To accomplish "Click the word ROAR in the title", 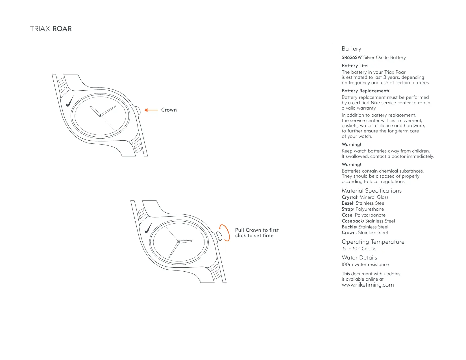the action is [x=62, y=29].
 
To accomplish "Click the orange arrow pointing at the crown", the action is [x=151, y=110].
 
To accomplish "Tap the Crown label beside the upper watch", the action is [x=169, y=110].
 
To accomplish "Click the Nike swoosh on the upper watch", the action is [x=69, y=101].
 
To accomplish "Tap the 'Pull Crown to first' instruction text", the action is [x=257, y=230].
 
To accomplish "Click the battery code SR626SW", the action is [x=352, y=58].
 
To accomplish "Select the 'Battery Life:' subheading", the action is [x=355, y=66].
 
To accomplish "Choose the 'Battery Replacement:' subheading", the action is [x=365, y=91].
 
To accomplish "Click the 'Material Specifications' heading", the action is [x=371, y=191].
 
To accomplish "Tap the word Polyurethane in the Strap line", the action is [x=370, y=209].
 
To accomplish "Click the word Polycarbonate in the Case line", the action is [x=370, y=215].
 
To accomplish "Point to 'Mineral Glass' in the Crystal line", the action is [x=374, y=197].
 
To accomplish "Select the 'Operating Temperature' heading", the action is [x=373, y=242].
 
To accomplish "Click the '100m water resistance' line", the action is [x=365, y=265].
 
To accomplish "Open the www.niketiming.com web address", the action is [x=368, y=285].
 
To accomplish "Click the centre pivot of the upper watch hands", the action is [x=100, y=115].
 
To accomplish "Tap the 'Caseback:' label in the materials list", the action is [x=353, y=221].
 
